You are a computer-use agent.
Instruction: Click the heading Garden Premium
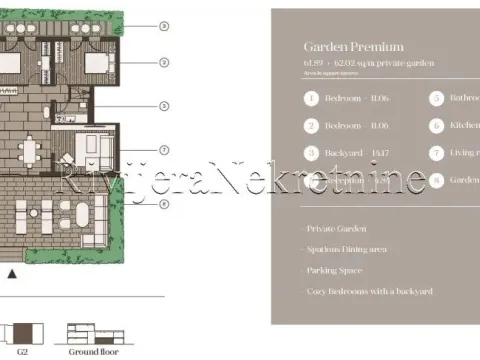tap(354, 46)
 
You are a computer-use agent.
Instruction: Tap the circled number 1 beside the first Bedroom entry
tap(312, 99)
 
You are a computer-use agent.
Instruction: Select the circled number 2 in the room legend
tap(312, 126)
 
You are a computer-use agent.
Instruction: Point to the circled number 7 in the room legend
tap(436, 153)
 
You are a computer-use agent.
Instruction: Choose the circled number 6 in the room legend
tap(436, 126)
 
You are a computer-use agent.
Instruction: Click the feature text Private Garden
tap(338, 229)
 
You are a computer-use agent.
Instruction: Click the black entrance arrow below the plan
tap(11, 271)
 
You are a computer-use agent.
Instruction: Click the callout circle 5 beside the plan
tap(164, 105)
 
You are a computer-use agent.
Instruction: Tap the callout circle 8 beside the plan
tap(164, 204)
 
